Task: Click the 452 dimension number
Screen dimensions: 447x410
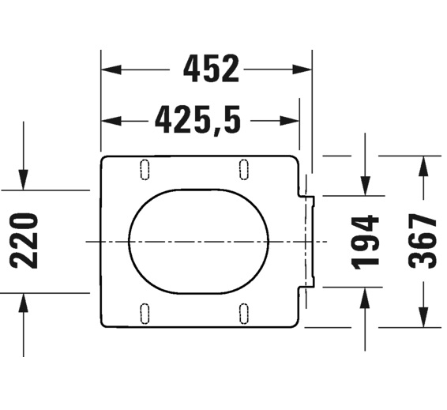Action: (x=211, y=69)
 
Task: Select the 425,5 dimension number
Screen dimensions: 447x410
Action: (x=197, y=120)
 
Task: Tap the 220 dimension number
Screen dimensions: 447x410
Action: (x=24, y=241)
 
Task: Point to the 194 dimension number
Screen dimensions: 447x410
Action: (x=365, y=243)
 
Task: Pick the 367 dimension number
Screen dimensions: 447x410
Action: (x=423, y=241)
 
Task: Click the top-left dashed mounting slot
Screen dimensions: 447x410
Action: (x=145, y=169)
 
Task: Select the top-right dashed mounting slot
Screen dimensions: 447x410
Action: (x=243, y=169)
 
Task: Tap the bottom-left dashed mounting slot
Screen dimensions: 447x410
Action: (x=145, y=314)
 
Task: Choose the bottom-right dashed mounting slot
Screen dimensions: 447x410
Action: (x=243, y=314)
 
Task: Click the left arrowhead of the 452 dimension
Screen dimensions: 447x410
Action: (x=111, y=70)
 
